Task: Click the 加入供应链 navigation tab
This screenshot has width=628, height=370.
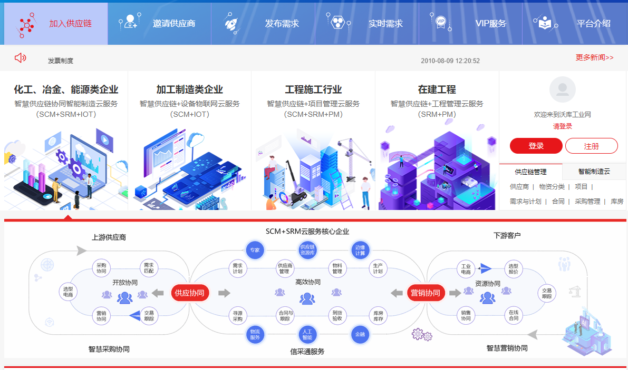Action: tap(55, 24)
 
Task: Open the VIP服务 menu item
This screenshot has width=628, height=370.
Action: tap(471, 24)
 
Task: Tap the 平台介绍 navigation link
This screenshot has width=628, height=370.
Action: tap(575, 24)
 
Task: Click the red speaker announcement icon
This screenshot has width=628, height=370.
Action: tap(21, 58)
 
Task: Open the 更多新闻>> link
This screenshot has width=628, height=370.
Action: tap(594, 57)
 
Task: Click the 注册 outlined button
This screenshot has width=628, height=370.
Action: tap(591, 146)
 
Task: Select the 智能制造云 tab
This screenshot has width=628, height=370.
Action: tap(594, 172)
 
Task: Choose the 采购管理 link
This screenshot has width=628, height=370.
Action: tap(587, 201)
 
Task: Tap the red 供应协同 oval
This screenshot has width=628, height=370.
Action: tap(189, 293)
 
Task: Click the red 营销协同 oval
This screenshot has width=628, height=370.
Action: tap(425, 293)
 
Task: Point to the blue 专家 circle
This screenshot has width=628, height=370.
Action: tap(255, 250)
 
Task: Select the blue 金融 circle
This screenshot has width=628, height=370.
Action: tap(360, 334)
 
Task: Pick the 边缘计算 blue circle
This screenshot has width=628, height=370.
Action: tap(360, 250)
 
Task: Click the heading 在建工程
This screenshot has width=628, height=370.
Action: tap(437, 89)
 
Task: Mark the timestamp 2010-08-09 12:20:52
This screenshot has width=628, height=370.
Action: tap(450, 61)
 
